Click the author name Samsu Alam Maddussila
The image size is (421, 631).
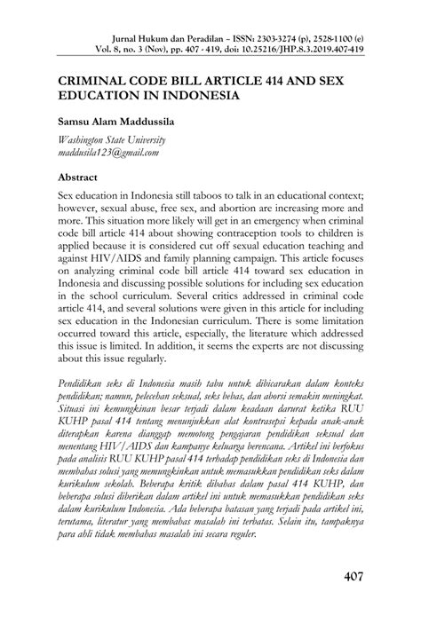point(120,120)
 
